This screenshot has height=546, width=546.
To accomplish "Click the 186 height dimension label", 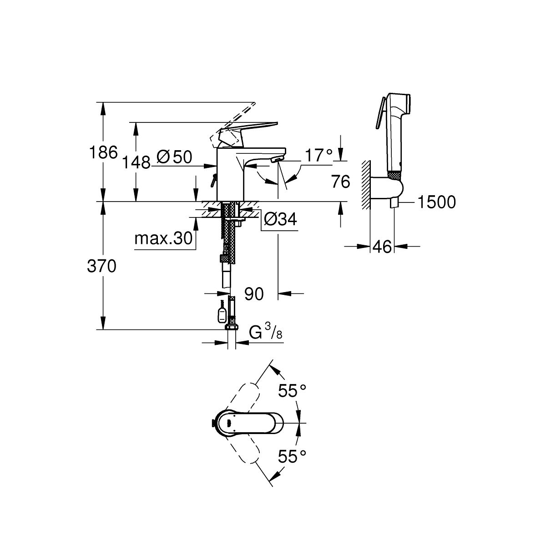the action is point(103,152).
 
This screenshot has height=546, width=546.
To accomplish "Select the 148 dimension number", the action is point(136,162).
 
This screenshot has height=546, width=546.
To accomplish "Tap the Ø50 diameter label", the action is point(174,157).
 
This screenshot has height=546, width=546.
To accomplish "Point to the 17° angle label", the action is point(318,155).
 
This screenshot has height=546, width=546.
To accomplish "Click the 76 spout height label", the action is point(341,182).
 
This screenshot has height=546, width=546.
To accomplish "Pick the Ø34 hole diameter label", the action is point(280,219).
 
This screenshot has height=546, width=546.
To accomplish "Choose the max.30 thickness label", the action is point(163,238).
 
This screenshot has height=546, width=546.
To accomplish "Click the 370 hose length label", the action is point(102,266).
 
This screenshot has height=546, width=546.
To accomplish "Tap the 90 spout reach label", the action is point(254,294).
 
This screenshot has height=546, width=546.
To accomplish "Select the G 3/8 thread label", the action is point(266,332).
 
